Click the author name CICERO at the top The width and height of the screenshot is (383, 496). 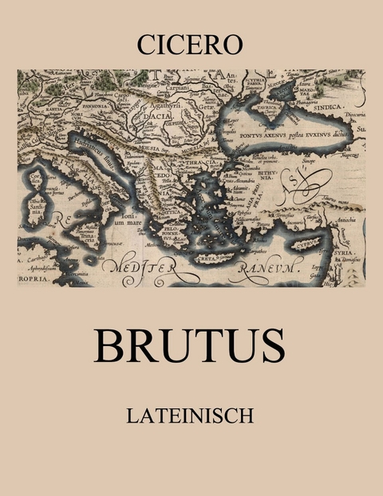click(x=191, y=45)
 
